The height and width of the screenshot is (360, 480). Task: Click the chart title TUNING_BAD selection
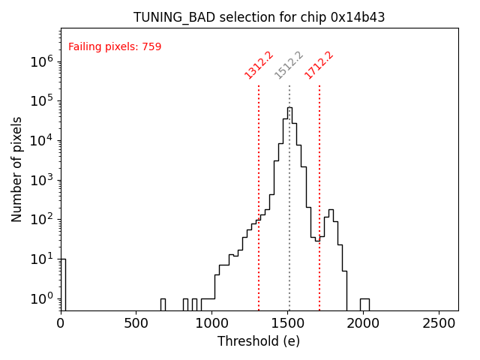pos(259,17)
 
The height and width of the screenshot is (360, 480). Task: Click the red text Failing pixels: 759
pos(115,47)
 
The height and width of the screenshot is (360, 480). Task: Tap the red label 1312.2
pos(259,64)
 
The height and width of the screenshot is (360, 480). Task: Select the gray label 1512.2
pos(289,64)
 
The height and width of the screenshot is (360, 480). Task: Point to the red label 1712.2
pos(319,64)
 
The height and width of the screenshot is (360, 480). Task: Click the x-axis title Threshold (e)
pos(259,341)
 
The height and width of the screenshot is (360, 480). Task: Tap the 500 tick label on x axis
pos(136,323)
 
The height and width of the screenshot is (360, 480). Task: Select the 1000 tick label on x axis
pos(212,323)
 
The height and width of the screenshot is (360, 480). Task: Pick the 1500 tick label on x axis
pos(288,323)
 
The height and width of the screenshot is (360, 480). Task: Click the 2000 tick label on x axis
pos(364,323)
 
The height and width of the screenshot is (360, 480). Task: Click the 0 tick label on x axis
pos(61,323)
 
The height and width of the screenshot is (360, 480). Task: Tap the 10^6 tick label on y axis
pos(42,62)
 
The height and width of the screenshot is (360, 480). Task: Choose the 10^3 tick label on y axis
pos(42,181)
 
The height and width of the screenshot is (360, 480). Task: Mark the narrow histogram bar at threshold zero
pos(63,285)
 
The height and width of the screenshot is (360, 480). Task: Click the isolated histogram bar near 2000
pos(364,304)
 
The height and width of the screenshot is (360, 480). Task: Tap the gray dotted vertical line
pos(289,225)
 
